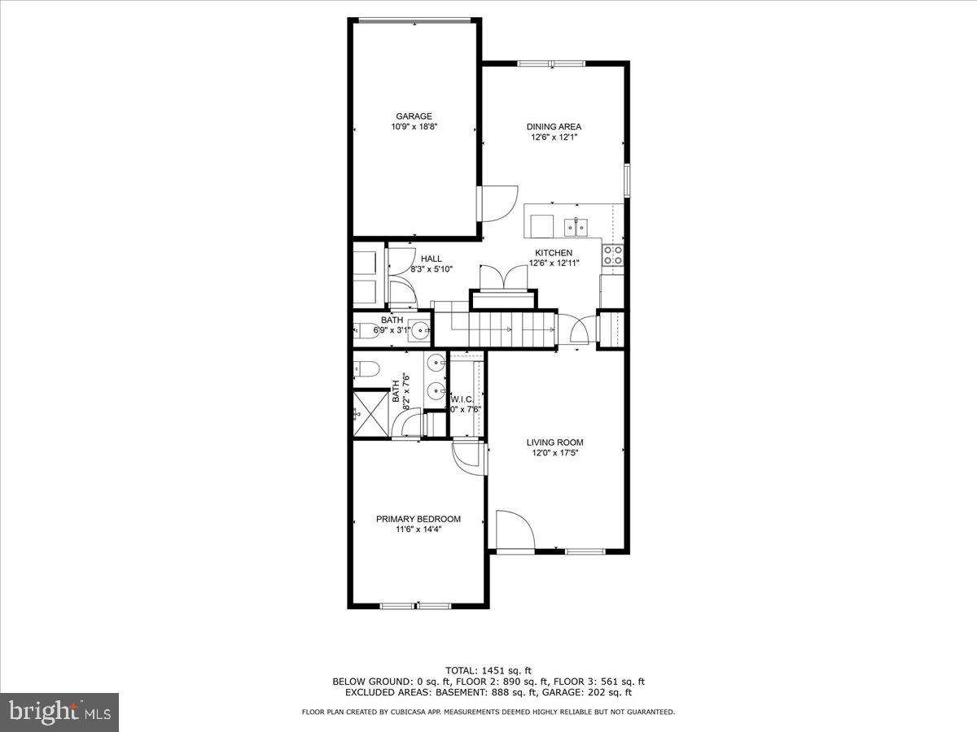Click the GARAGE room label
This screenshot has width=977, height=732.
414,116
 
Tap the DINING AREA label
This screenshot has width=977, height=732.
554,126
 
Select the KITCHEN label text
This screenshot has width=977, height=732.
554,253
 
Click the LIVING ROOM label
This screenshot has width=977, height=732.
554,442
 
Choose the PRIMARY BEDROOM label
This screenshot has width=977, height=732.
418,519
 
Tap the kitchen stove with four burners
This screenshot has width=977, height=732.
613,255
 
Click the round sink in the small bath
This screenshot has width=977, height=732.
420,330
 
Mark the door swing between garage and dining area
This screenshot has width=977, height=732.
498,203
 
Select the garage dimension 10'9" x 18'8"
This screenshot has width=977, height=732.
414,127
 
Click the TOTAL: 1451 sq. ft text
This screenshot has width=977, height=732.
488,670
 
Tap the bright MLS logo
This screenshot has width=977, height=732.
59,712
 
